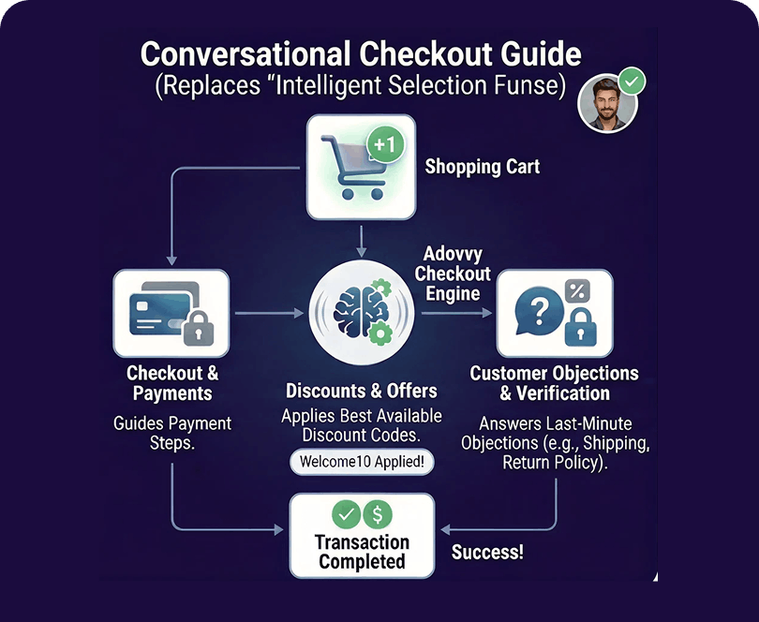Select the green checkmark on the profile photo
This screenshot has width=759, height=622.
point(632,81)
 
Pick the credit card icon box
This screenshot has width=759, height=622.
point(171,313)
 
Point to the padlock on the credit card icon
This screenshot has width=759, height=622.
point(197,329)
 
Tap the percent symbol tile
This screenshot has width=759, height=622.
point(577,290)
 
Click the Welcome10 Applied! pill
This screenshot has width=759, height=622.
point(360,462)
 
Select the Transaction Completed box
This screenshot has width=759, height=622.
point(362,535)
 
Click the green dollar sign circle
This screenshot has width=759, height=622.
point(378,513)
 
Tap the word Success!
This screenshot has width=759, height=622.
point(487,553)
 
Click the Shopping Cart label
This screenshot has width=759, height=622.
point(482,168)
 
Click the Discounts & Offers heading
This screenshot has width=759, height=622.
point(362,391)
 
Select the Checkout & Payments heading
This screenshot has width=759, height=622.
point(171,383)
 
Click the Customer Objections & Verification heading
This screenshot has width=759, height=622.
point(554,383)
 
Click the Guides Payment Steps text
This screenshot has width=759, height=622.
point(172,433)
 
